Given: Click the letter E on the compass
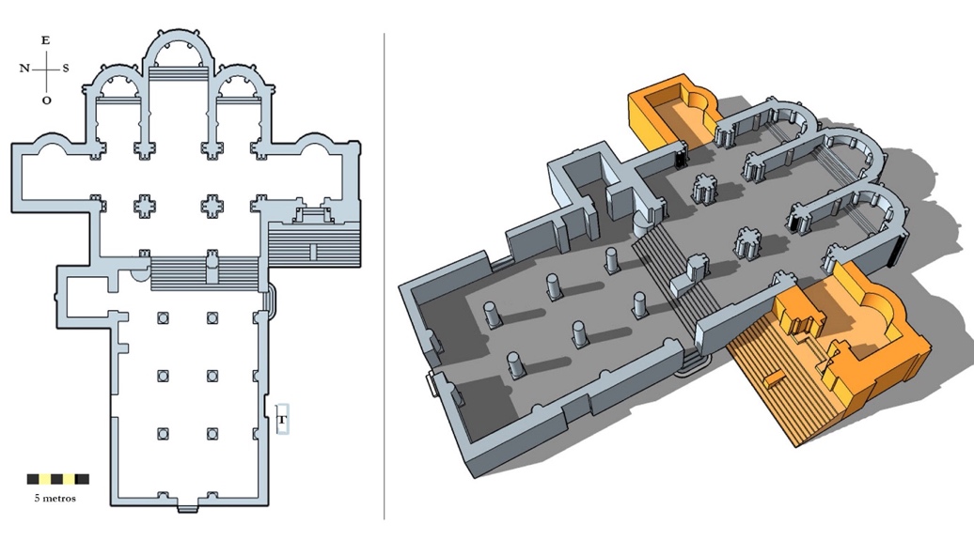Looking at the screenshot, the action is [x=45, y=41].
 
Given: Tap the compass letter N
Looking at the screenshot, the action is [x=24, y=69].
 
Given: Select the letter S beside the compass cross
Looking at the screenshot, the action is [x=66, y=69].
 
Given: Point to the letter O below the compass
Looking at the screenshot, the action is [x=47, y=100].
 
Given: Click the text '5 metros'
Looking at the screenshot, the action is [x=55, y=498].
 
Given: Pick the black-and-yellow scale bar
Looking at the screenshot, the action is [x=57, y=479].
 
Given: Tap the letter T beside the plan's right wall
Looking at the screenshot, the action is [x=282, y=420].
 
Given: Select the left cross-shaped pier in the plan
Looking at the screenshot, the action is [x=146, y=206].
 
